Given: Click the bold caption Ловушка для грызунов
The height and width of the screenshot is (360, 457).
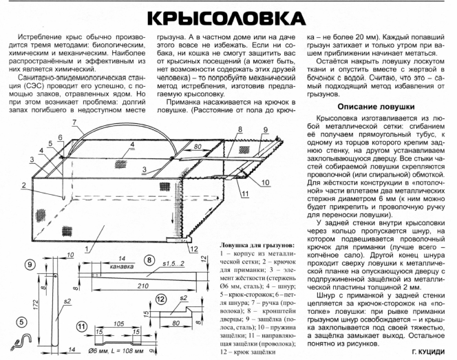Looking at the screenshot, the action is click(x=256, y=244).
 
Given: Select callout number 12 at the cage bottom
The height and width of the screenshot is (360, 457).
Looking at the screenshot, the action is click(x=195, y=249).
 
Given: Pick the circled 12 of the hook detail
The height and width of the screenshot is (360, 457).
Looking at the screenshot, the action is click(x=160, y=299).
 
